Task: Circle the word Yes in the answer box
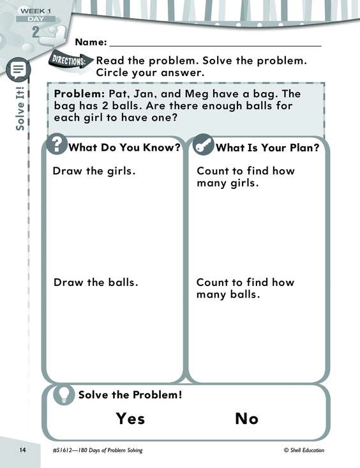(x=130, y=418)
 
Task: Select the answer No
(x=246, y=418)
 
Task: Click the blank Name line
(x=216, y=46)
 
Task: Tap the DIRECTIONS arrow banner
(x=71, y=61)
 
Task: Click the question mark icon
(x=56, y=144)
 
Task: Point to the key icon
(x=203, y=144)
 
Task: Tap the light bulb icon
(x=63, y=395)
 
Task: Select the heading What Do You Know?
(x=124, y=147)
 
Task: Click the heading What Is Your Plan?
(x=267, y=147)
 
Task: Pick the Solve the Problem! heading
(x=130, y=395)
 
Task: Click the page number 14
(x=23, y=449)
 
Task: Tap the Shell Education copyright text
(x=304, y=450)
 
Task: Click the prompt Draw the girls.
(x=94, y=171)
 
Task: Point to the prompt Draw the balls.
(x=96, y=282)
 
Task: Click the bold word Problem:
(x=79, y=94)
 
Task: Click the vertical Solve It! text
(x=20, y=109)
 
